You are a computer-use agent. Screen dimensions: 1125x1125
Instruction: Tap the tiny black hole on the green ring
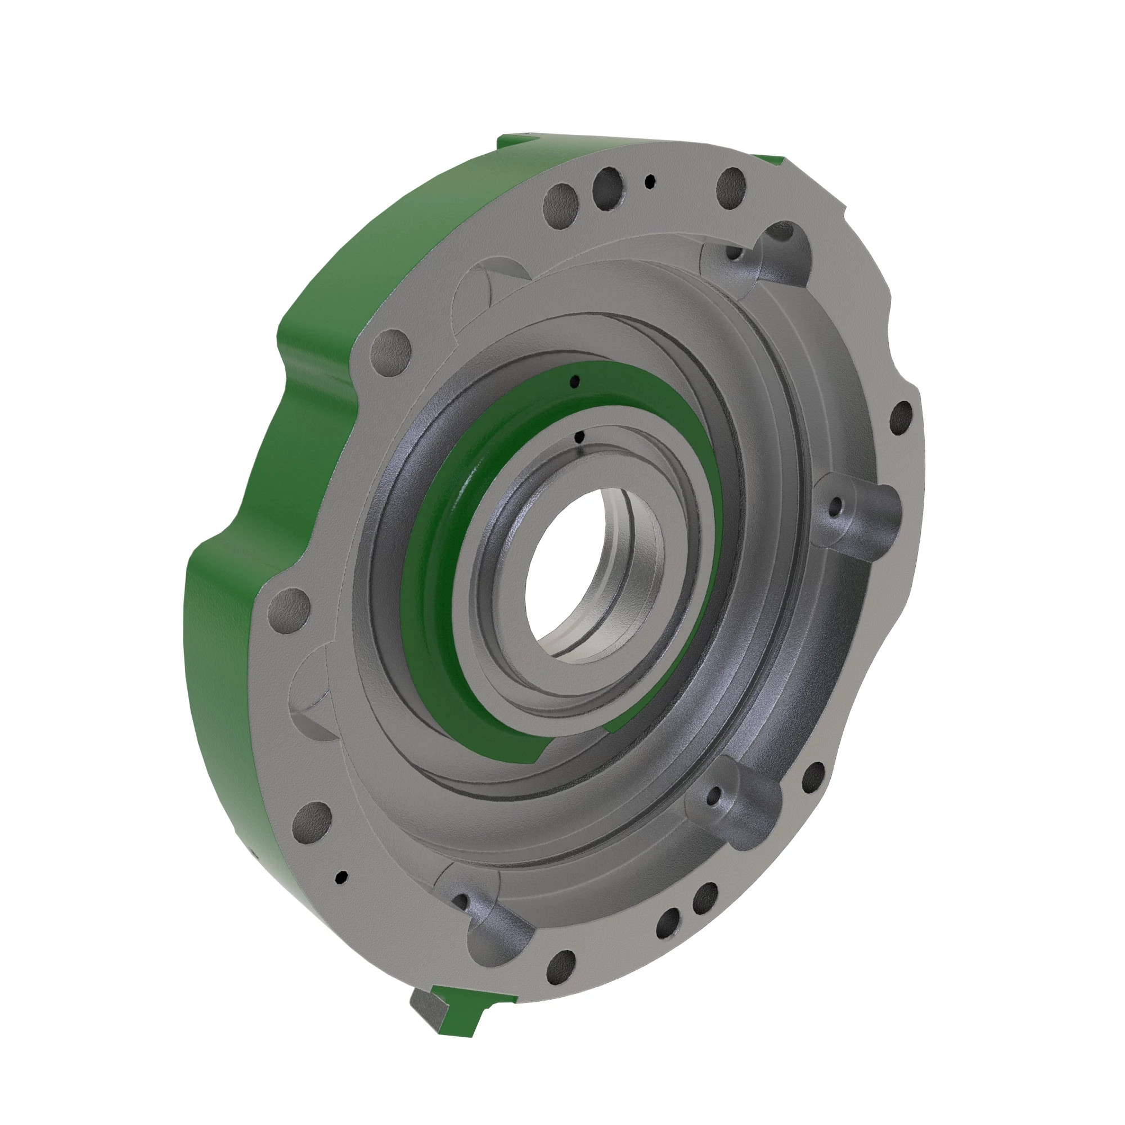pos(575,381)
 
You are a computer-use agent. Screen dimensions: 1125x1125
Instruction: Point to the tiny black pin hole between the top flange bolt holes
pos(649,182)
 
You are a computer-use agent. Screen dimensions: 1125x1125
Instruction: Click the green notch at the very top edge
pos(518,137)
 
